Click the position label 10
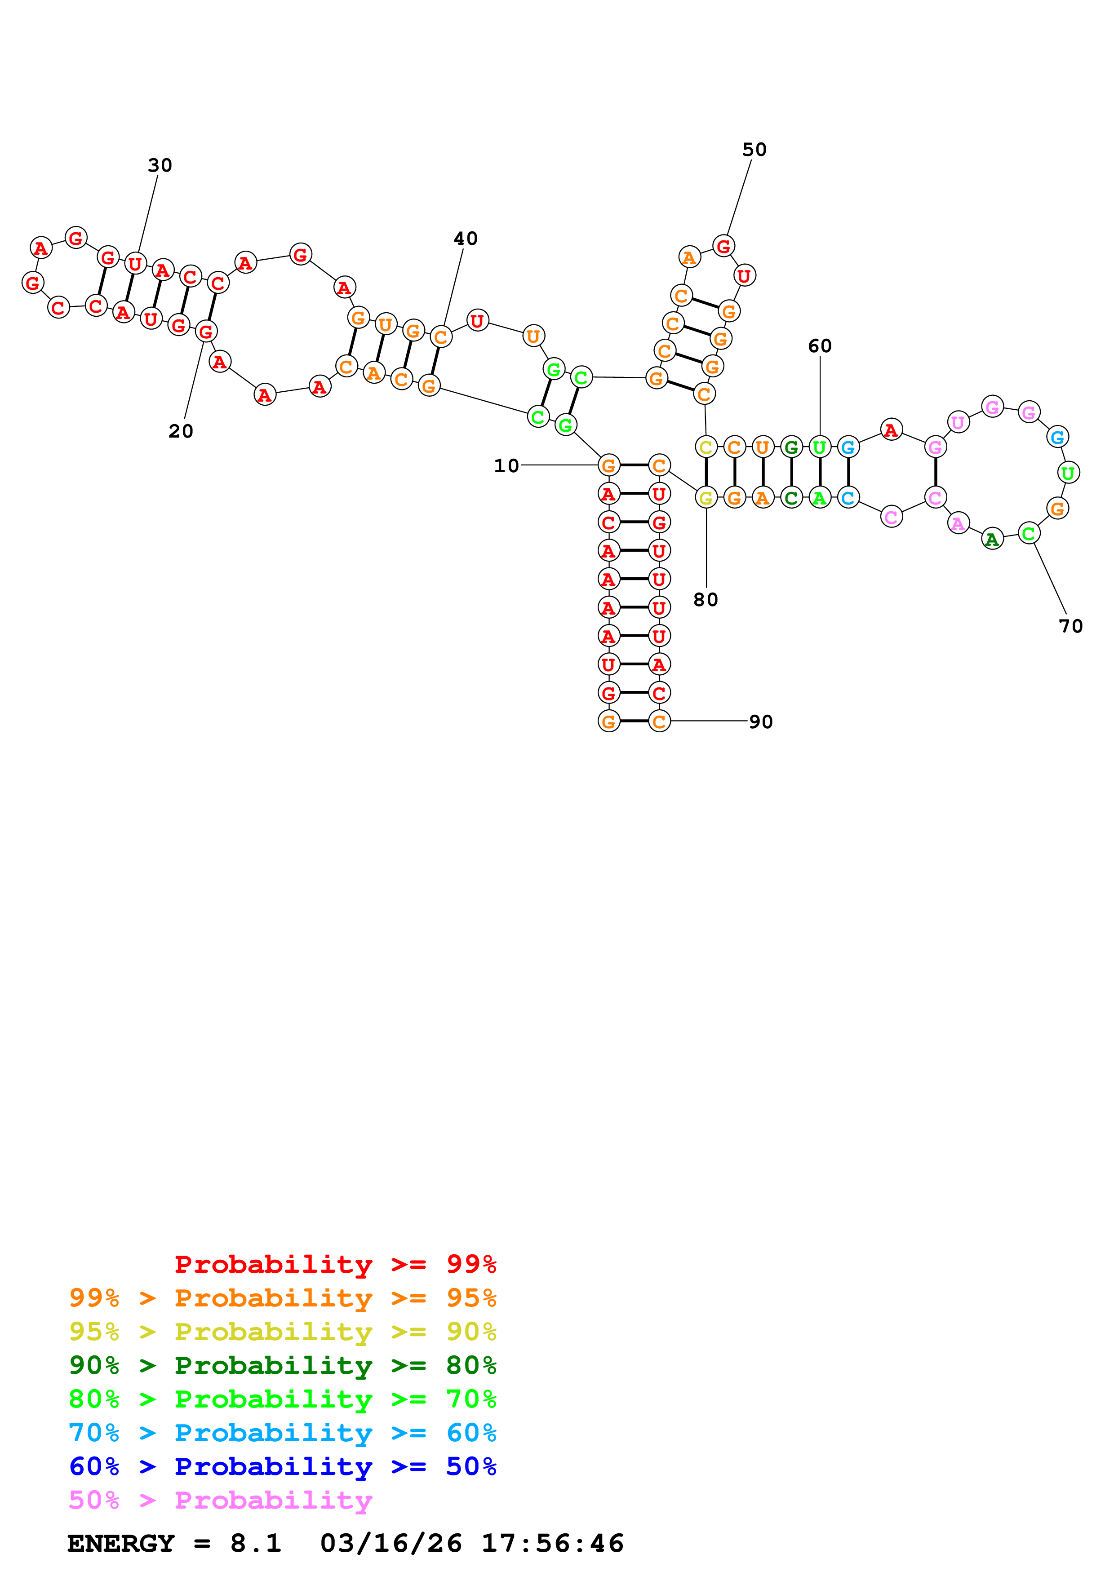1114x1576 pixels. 506,466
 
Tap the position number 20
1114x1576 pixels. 181,431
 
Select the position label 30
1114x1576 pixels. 160,165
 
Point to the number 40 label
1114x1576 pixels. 466,239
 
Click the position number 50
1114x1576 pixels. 755,150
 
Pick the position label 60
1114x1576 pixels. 820,346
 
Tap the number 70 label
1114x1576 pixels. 1071,626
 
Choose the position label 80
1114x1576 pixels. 706,600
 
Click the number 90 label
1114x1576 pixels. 760,722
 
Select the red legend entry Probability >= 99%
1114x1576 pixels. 335,1264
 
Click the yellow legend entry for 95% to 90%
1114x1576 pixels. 282,1331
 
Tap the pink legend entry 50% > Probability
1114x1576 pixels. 220,1500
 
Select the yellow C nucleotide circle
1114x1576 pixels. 706,447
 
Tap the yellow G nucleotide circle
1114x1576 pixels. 706,498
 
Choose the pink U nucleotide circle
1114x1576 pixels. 958,422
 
